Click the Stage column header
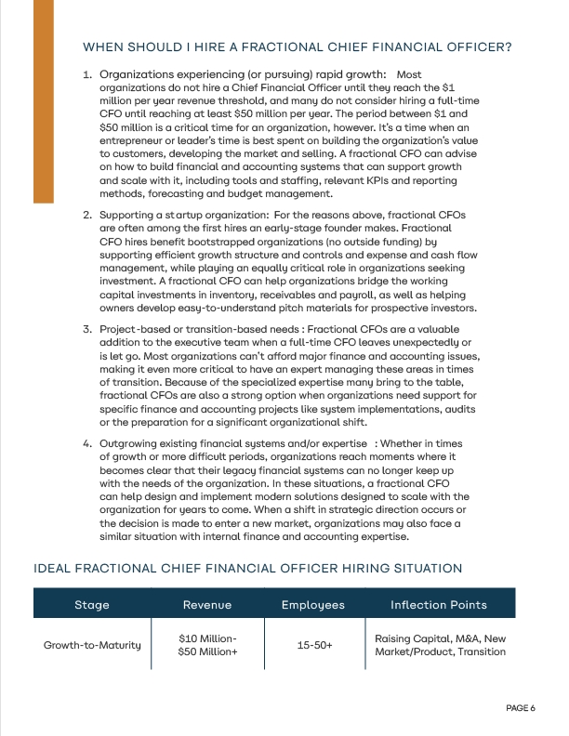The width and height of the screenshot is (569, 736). click(x=91, y=605)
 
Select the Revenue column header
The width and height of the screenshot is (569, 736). click(x=206, y=605)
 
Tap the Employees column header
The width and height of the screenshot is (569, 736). click(x=312, y=605)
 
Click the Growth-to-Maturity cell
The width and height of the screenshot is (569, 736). click(x=91, y=645)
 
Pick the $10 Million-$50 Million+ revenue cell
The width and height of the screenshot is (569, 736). click(x=206, y=645)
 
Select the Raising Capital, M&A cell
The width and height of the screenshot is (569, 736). click(x=439, y=645)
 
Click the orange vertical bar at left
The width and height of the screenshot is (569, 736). click(x=43, y=102)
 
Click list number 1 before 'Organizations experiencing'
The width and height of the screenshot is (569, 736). click(x=86, y=74)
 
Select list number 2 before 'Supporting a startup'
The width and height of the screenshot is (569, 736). click(x=86, y=216)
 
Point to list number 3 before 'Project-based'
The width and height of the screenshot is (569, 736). click(x=86, y=329)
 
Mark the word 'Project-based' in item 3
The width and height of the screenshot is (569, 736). click(x=135, y=329)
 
